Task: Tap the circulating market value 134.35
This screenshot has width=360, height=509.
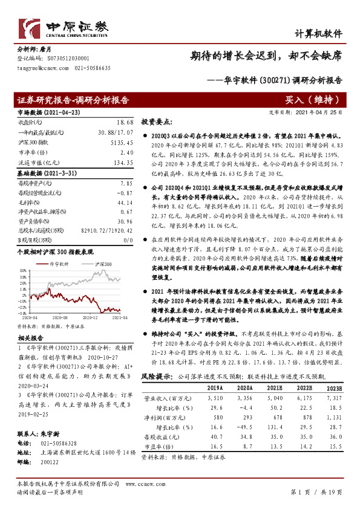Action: pyautogui.click(x=122, y=163)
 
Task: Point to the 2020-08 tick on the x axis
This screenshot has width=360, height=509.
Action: pyautogui.click(x=59, y=317)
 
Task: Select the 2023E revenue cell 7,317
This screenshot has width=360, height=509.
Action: pyautogui.click(x=333, y=399)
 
